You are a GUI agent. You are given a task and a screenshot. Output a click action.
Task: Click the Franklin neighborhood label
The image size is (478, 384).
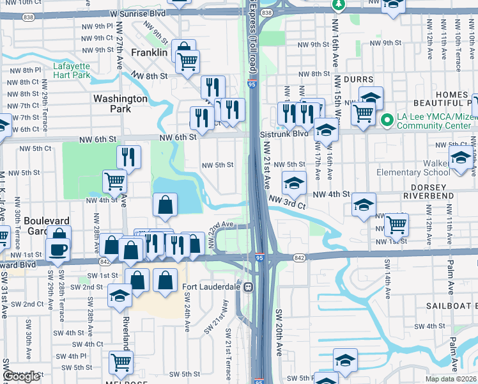[149, 52]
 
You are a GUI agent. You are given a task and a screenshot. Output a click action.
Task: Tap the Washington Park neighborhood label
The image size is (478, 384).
[120, 104]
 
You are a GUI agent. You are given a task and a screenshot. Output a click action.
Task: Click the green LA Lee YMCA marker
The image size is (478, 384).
[387, 120]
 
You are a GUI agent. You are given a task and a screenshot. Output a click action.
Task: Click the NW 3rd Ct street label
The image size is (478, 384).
[288, 203]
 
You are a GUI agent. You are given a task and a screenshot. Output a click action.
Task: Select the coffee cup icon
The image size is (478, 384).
[58, 248]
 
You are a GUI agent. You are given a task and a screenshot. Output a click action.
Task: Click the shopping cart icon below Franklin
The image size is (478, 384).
[188, 61]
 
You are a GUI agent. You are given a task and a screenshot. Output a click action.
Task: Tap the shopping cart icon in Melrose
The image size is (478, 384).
[120, 362]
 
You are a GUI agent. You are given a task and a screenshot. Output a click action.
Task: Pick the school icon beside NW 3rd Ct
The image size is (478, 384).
[293, 184]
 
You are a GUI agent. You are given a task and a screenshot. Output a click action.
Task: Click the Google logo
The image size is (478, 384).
[22, 376]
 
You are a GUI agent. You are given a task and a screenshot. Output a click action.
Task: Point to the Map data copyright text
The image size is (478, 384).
[451, 379]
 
